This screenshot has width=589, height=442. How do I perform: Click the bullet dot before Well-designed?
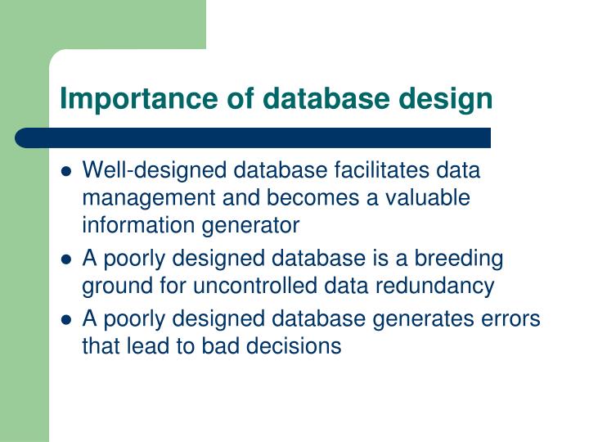(67, 173)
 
